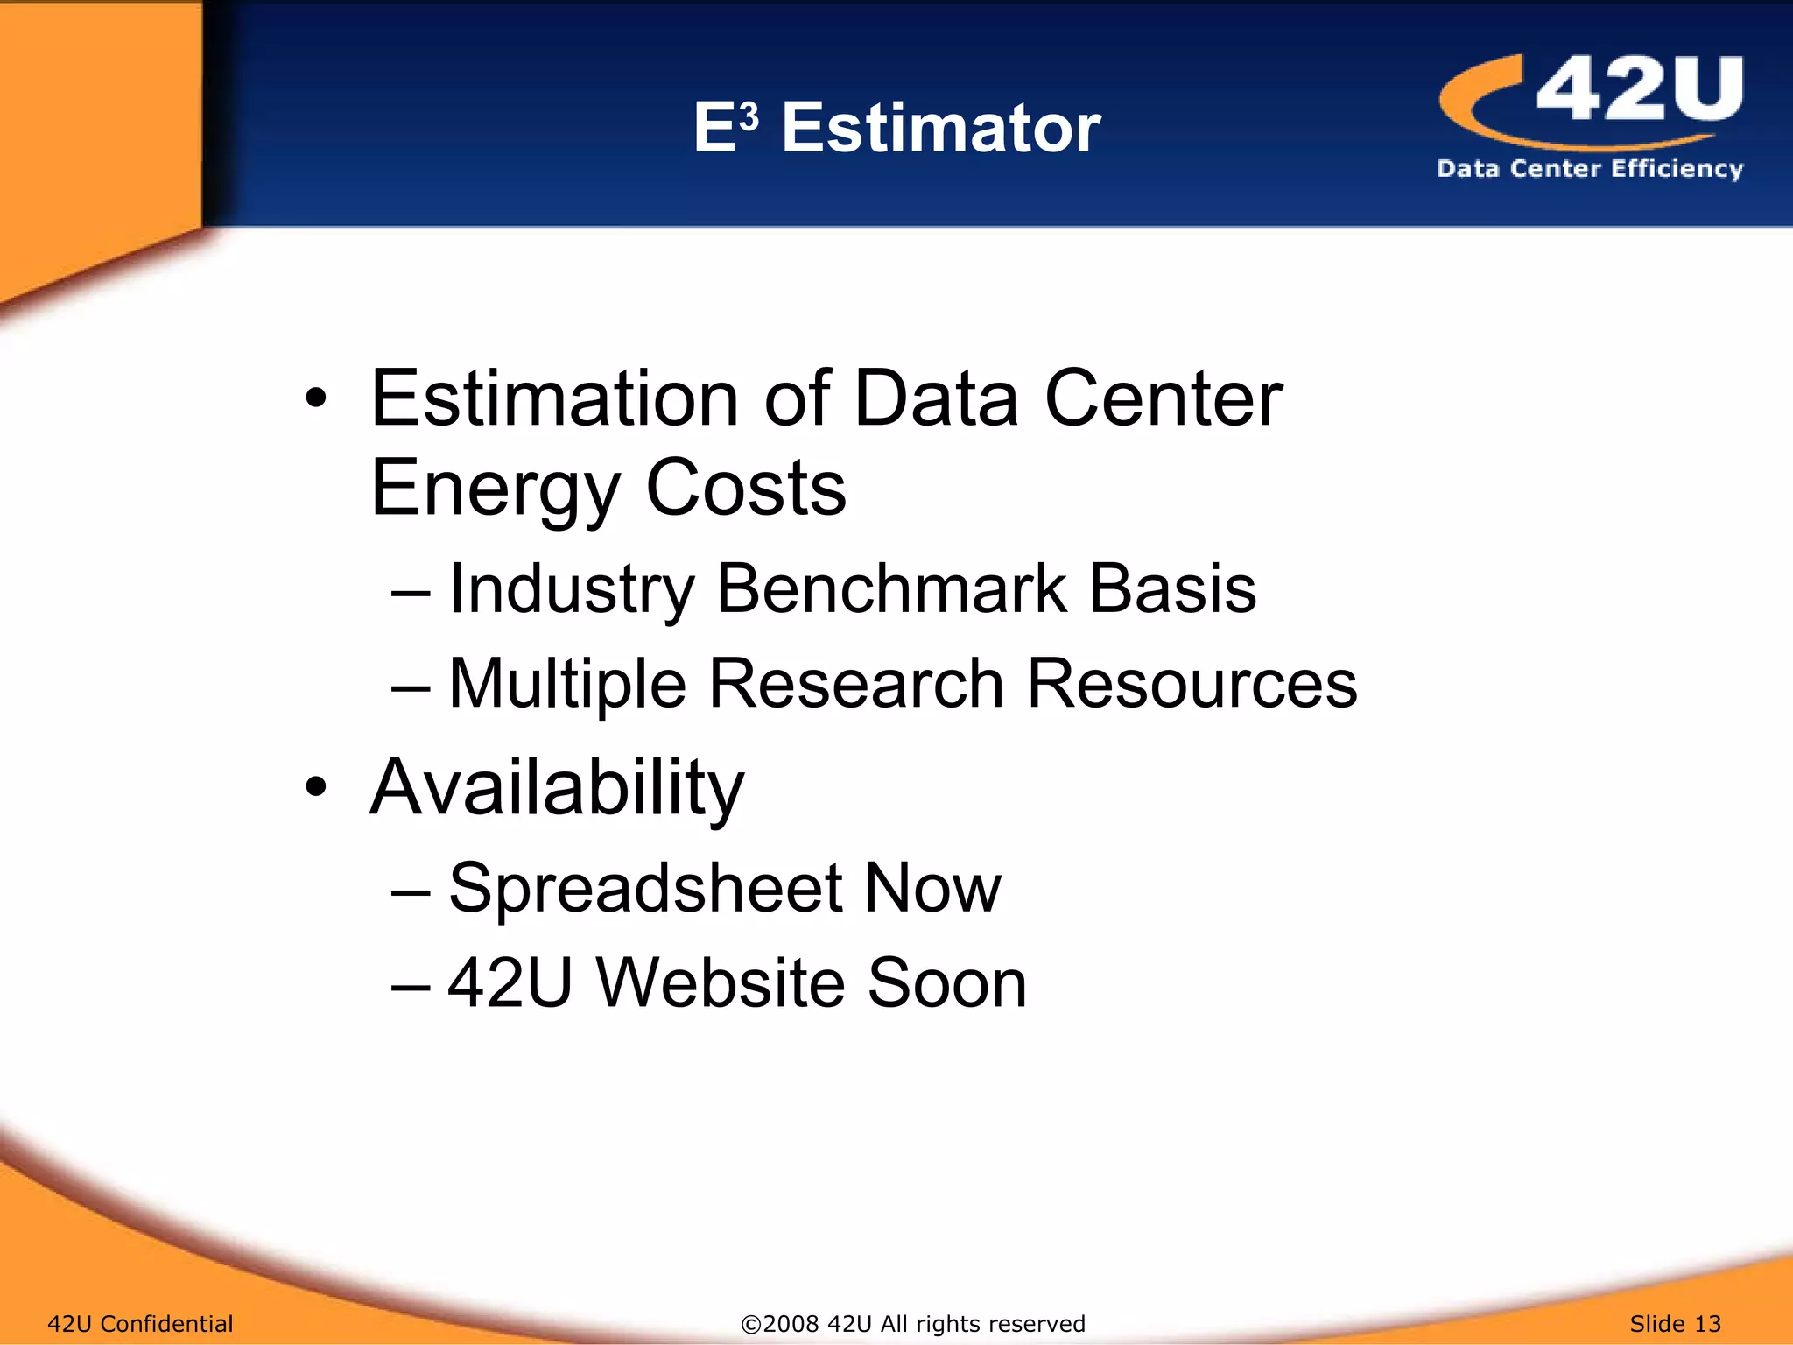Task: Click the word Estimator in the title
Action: pyautogui.click(x=940, y=129)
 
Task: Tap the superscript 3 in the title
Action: pyautogui.click(x=749, y=116)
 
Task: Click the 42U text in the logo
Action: pyautogui.click(x=1639, y=88)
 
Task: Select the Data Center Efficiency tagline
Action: pyautogui.click(x=1589, y=168)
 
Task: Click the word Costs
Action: pyautogui.click(x=746, y=489)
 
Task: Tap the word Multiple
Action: pyautogui.click(x=566, y=685)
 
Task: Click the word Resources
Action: pyautogui.click(x=1192, y=683)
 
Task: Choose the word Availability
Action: pyautogui.click(x=557, y=788)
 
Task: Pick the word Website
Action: pyautogui.click(x=720, y=983)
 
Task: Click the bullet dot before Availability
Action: pyautogui.click(x=316, y=786)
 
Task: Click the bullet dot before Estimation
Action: pyautogui.click(x=316, y=399)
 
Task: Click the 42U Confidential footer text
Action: pyautogui.click(x=140, y=1323)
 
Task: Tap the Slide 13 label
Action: pyautogui.click(x=1675, y=1323)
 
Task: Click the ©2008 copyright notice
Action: pyautogui.click(x=912, y=1323)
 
